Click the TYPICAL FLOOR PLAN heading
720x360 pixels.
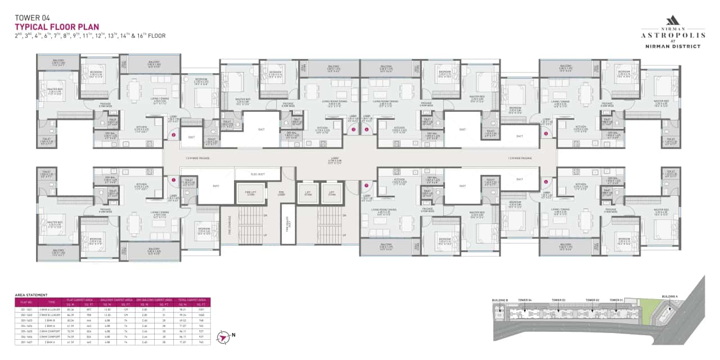(57, 26)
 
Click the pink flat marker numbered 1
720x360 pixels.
(173, 181)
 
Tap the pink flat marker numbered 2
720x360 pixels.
(174, 135)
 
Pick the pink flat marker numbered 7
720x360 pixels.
(366, 185)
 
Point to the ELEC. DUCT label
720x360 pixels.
(258, 174)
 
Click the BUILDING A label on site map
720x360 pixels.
(669, 296)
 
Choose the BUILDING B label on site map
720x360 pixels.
(499, 300)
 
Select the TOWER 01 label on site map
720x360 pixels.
(616, 300)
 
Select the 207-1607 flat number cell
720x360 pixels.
(25, 341)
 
